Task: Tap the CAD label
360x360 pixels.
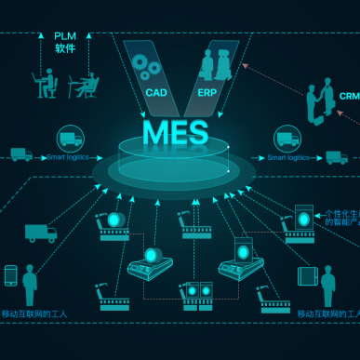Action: click(x=155, y=93)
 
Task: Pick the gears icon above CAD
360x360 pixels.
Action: click(x=145, y=65)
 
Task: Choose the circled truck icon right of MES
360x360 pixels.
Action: click(x=287, y=140)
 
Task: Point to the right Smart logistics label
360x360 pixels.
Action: click(x=287, y=158)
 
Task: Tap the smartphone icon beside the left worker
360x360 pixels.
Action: click(x=11, y=276)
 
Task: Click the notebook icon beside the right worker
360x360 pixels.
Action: click(x=307, y=276)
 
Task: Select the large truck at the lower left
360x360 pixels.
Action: click(x=39, y=233)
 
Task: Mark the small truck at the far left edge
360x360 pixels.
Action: click(x=20, y=154)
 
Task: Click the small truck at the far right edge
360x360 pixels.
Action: click(x=336, y=156)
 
